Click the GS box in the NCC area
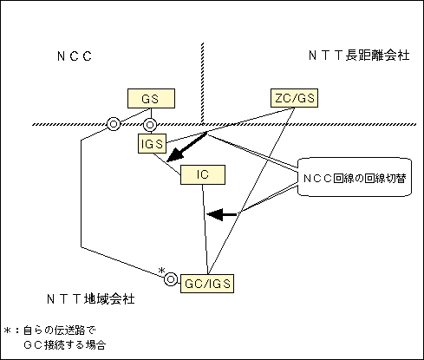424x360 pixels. click(x=151, y=99)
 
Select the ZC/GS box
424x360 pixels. click(x=294, y=98)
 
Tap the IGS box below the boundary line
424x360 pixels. click(x=152, y=143)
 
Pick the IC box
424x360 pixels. click(x=203, y=174)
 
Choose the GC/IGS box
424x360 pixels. click(x=207, y=284)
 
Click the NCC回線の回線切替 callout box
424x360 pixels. click(x=355, y=177)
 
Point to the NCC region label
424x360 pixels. click(x=75, y=56)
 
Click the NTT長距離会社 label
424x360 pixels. click(x=359, y=55)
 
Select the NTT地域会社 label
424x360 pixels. click(x=91, y=298)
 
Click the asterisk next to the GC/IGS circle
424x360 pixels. click(x=162, y=271)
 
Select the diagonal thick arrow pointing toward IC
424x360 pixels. click(x=186, y=147)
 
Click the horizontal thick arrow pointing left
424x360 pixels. click(x=222, y=214)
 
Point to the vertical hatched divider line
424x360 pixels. click(x=202, y=83)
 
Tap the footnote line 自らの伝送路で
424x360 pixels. click(x=60, y=330)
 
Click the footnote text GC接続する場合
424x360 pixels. click(x=65, y=344)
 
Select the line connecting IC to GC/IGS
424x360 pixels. click(x=205, y=229)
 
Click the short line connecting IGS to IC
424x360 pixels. click(x=167, y=164)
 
